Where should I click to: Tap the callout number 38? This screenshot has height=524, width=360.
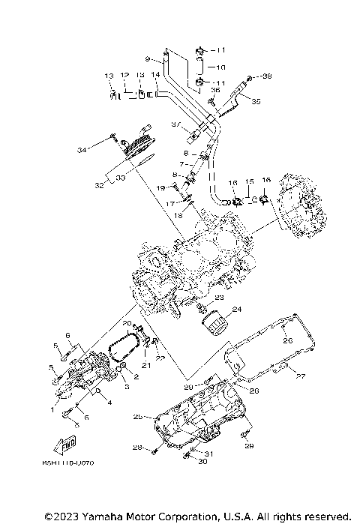tap(268, 76)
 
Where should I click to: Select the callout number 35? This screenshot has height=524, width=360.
tap(256, 101)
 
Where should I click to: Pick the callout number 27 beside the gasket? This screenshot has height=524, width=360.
tap(301, 376)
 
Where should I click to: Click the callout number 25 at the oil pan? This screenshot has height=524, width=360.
tap(138, 417)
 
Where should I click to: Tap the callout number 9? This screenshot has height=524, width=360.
tap(148, 58)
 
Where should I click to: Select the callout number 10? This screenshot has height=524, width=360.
tap(220, 67)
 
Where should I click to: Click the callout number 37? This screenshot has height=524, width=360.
tap(175, 124)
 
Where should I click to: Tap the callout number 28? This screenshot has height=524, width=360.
tap(137, 448)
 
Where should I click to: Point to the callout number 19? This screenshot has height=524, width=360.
tap(160, 187)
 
